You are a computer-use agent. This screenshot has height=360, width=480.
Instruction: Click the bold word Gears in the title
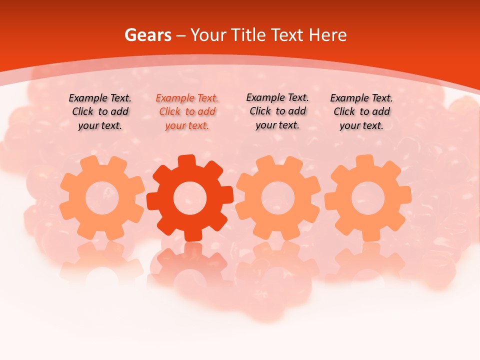(x=147, y=35)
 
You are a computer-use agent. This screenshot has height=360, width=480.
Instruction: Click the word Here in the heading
(x=327, y=35)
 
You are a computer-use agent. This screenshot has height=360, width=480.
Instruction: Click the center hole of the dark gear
(x=190, y=198)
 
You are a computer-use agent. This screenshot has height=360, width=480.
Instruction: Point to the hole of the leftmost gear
(x=102, y=198)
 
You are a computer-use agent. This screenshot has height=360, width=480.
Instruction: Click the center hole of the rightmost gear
(x=367, y=198)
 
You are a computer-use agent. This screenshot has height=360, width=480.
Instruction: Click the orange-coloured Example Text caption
(x=187, y=112)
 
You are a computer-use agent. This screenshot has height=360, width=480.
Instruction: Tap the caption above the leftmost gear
(x=100, y=112)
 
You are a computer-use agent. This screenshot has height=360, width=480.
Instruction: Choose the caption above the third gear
(x=277, y=111)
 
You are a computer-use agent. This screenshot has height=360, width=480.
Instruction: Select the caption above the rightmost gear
(x=361, y=112)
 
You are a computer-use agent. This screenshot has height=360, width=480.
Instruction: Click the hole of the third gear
(x=278, y=198)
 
